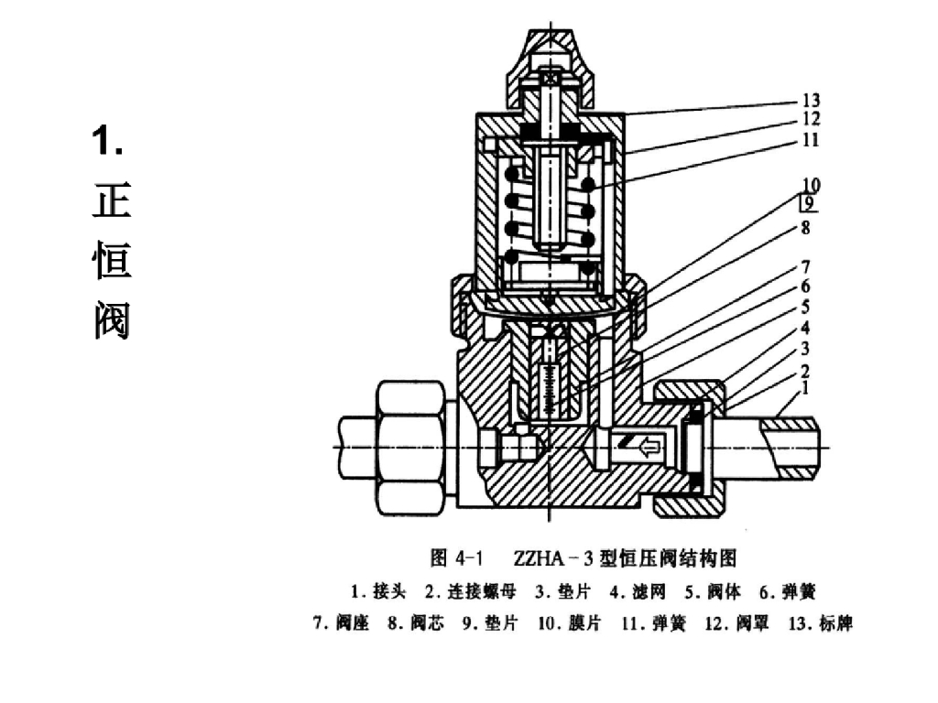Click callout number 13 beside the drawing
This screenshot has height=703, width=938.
[x=811, y=101]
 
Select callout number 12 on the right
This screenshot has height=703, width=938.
[x=811, y=119]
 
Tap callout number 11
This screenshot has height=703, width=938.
[x=811, y=140]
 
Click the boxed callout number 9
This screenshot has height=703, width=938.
[x=809, y=203]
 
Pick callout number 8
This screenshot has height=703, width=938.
[x=806, y=226]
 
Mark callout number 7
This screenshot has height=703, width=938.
[x=806, y=267]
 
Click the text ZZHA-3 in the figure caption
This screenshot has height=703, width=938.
[x=550, y=557]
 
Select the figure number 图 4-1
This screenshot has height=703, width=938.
[x=456, y=557]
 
